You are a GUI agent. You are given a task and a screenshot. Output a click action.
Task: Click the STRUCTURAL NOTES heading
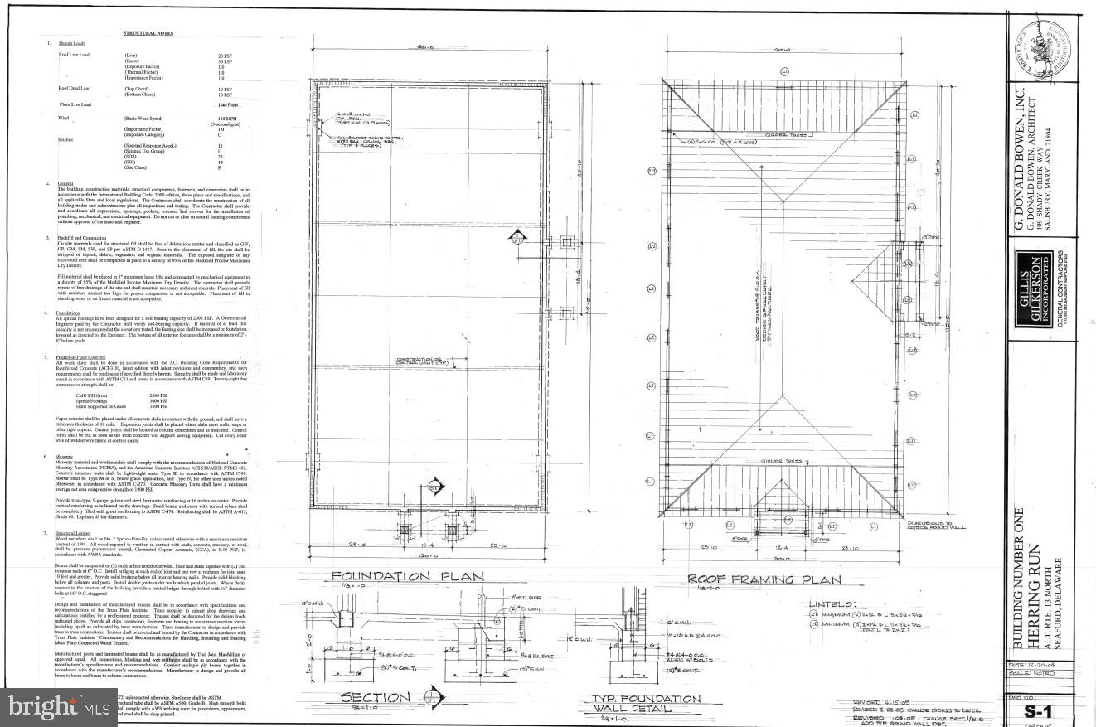point(147,33)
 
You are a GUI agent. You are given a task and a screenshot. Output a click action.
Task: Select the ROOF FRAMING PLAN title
point(764,580)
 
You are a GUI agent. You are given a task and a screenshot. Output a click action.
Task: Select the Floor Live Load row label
point(75,105)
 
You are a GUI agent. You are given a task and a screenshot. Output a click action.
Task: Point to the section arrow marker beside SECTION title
point(430,696)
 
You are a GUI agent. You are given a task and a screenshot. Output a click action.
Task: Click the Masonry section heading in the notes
point(64,456)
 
